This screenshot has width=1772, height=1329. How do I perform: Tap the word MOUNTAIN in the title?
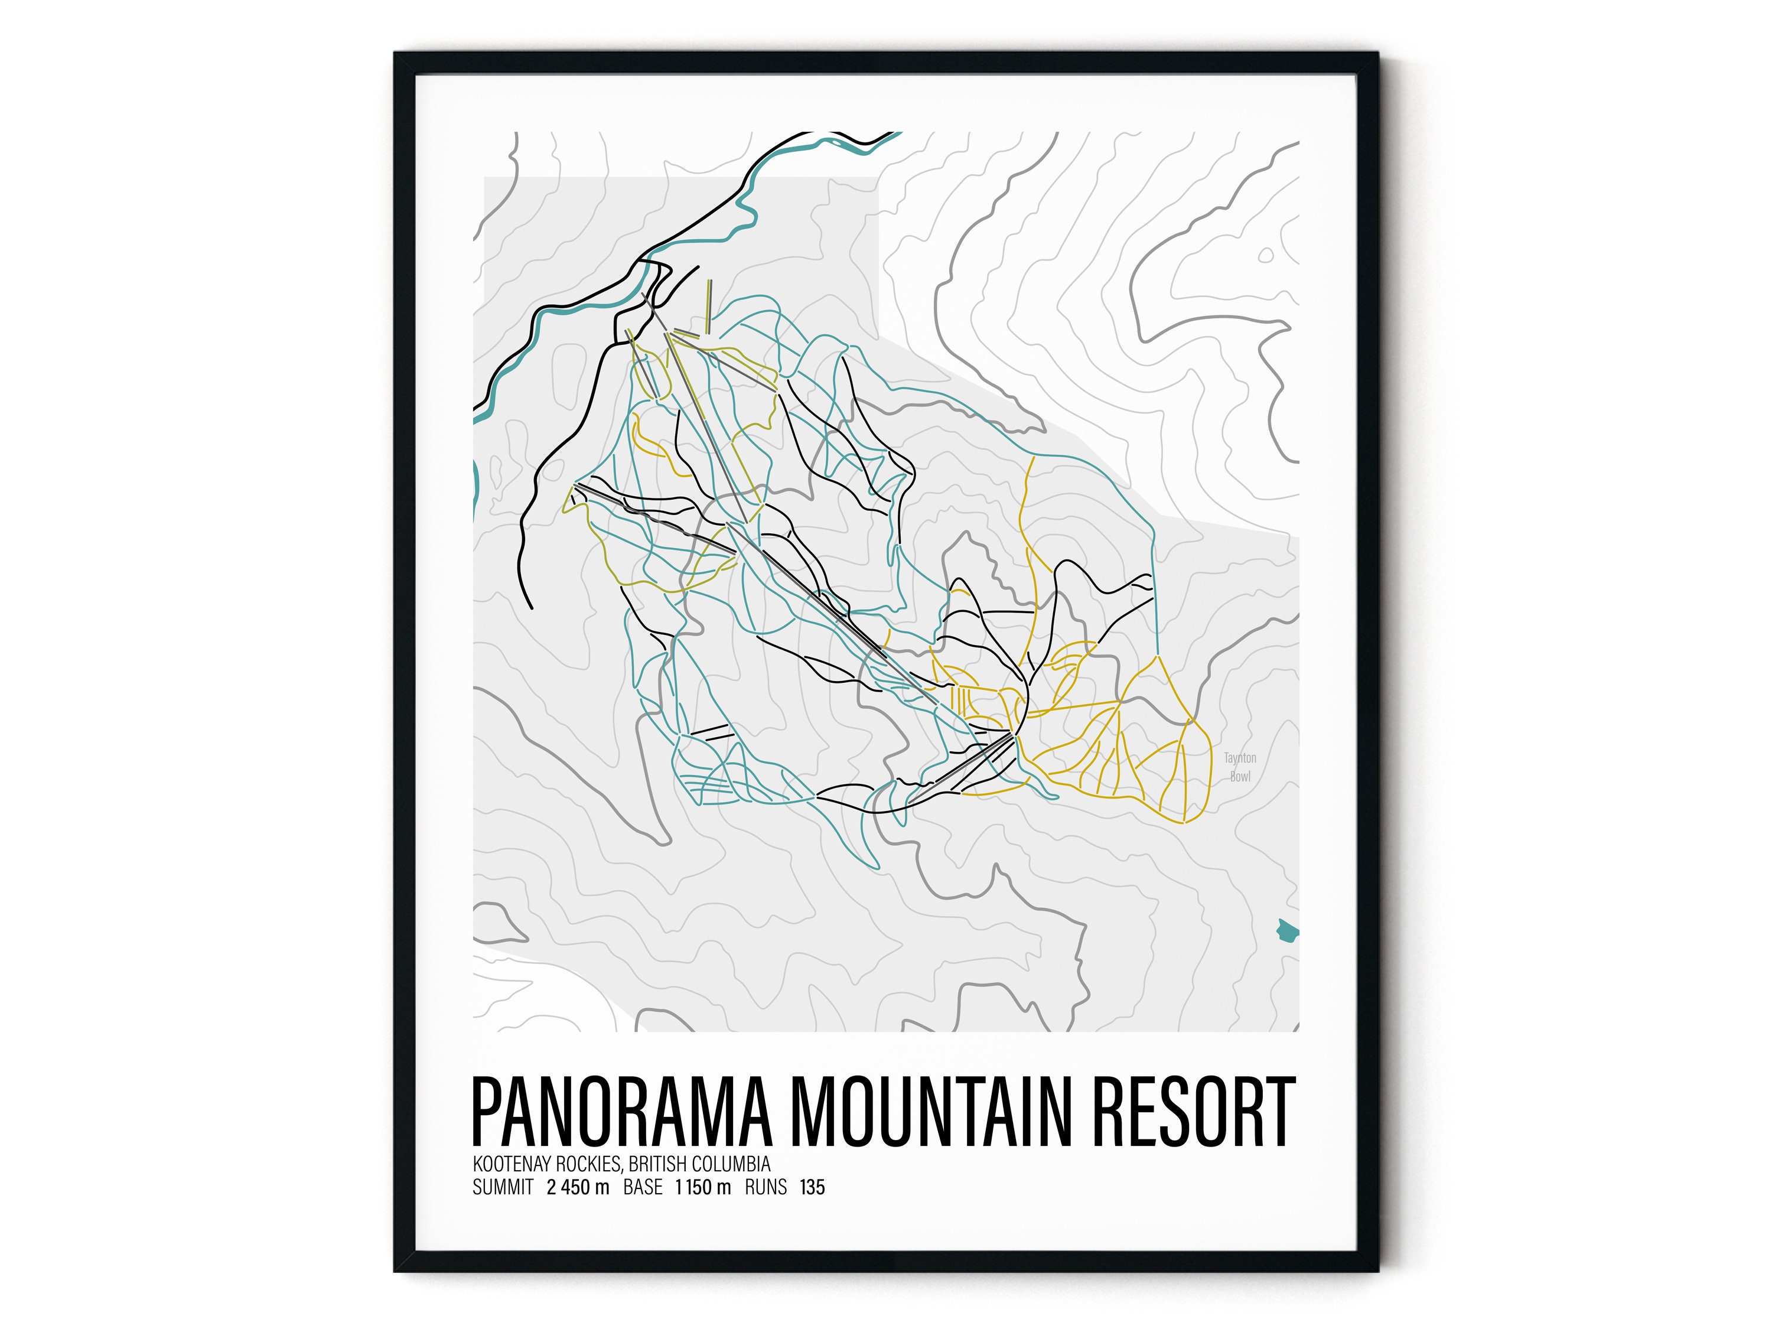tap(931, 1113)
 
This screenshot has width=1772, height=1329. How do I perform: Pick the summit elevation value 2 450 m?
tap(578, 1187)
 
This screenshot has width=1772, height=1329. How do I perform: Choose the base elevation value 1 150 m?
tap(702, 1187)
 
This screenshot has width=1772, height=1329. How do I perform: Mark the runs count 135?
tap(812, 1187)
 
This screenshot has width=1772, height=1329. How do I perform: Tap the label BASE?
tap(643, 1187)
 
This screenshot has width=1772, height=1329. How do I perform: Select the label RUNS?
tap(766, 1187)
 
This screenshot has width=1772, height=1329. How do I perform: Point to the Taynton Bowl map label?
tap(1240, 767)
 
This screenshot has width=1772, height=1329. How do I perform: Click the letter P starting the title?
tap(488, 1113)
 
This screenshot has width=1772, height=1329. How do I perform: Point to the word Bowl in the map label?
tap(1240, 776)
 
